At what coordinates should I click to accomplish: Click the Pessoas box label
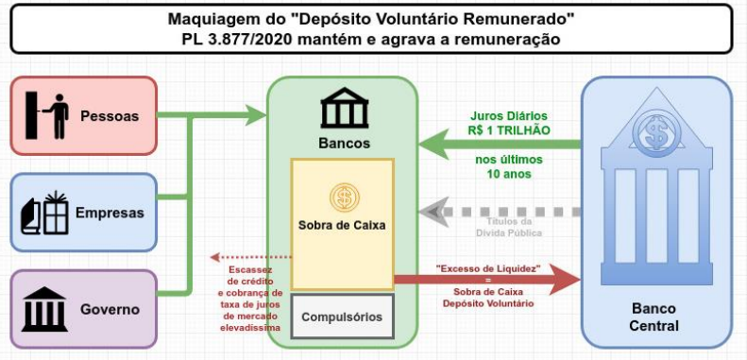pyautogui.click(x=110, y=116)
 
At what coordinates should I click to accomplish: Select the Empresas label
pyautogui.click(x=110, y=213)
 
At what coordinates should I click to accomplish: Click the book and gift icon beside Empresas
pyautogui.click(x=44, y=213)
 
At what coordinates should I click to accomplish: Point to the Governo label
pyautogui.click(x=110, y=309)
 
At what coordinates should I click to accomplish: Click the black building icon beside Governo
pyautogui.click(x=44, y=309)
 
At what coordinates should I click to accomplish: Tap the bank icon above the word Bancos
pyautogui.click(x=345, y=109)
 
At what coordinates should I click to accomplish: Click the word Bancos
pyautogui.click(x=345, y=143)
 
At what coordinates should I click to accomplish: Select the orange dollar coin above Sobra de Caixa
pyautogui.click(x=344, y=197)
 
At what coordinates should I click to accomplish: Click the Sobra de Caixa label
pyautogui.click(x=342, y=225)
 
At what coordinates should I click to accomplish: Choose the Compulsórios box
pyautogui.click(x=343, y=317)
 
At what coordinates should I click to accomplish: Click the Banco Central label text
pyautogui.click(x=654, y=317)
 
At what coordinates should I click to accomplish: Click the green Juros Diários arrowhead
pyautogui.click(x=434, y=145)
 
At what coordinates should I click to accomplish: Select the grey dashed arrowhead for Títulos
pyautogui.click(x=434, y=212)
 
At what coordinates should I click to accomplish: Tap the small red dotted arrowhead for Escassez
pyautogui.click(x=214, y=257)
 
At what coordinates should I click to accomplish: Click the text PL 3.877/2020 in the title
pyautogui.click(x=236, y=39)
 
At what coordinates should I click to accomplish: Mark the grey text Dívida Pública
pyautogui.click(x=509, y=233)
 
